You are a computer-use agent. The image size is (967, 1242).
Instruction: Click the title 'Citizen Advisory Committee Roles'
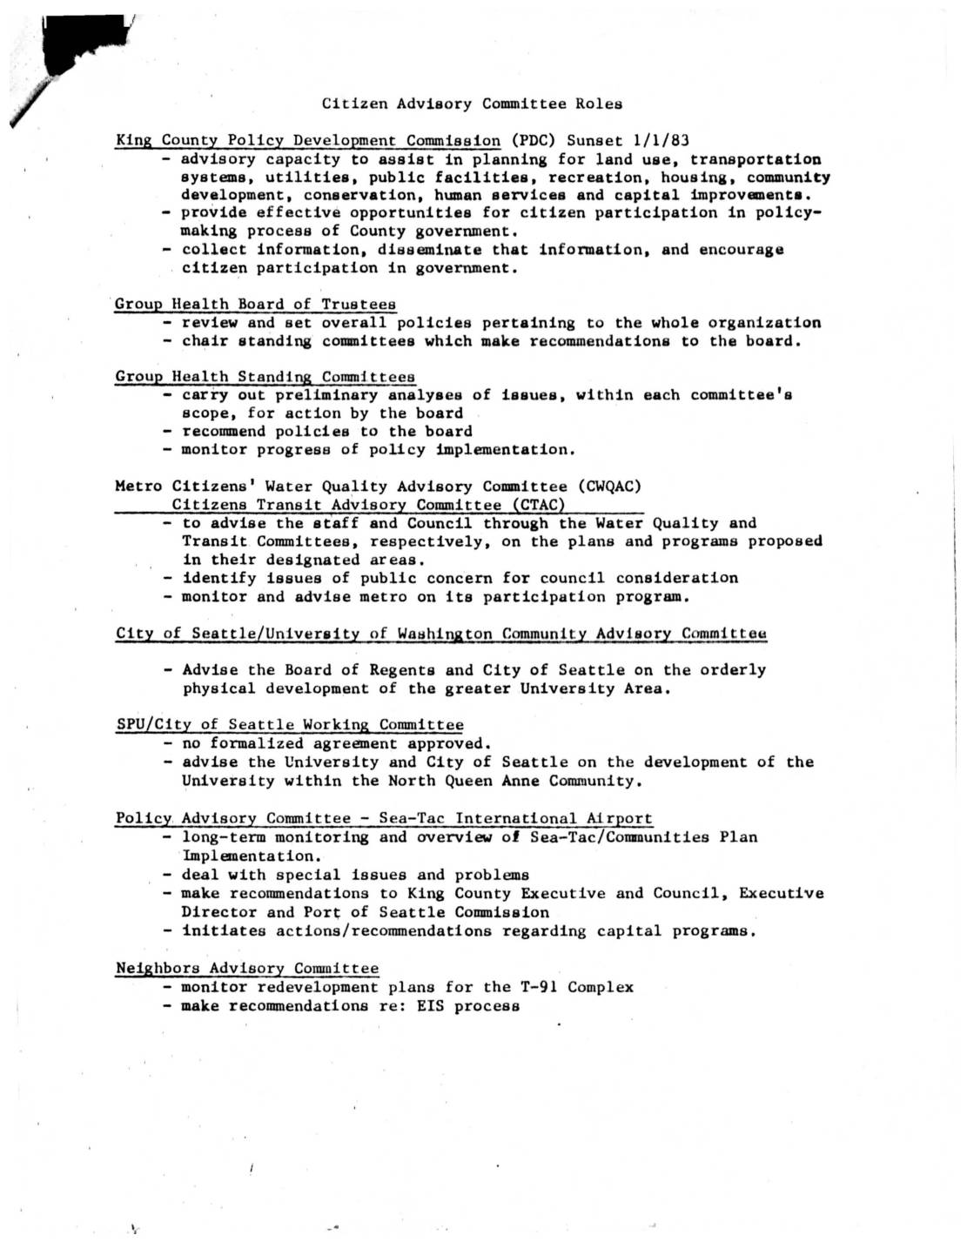(472, 104)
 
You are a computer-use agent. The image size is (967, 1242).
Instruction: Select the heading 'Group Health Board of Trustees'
(255, 304)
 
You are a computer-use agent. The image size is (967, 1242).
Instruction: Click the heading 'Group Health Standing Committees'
(265, 377)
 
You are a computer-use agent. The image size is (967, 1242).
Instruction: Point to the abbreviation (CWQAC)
(609, 487)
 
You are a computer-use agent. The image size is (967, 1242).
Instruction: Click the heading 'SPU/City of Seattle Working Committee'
(289, 724)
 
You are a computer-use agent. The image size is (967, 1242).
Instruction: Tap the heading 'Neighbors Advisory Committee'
(247, 968)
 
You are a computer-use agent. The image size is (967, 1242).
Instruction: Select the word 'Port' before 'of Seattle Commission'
(321, 912)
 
